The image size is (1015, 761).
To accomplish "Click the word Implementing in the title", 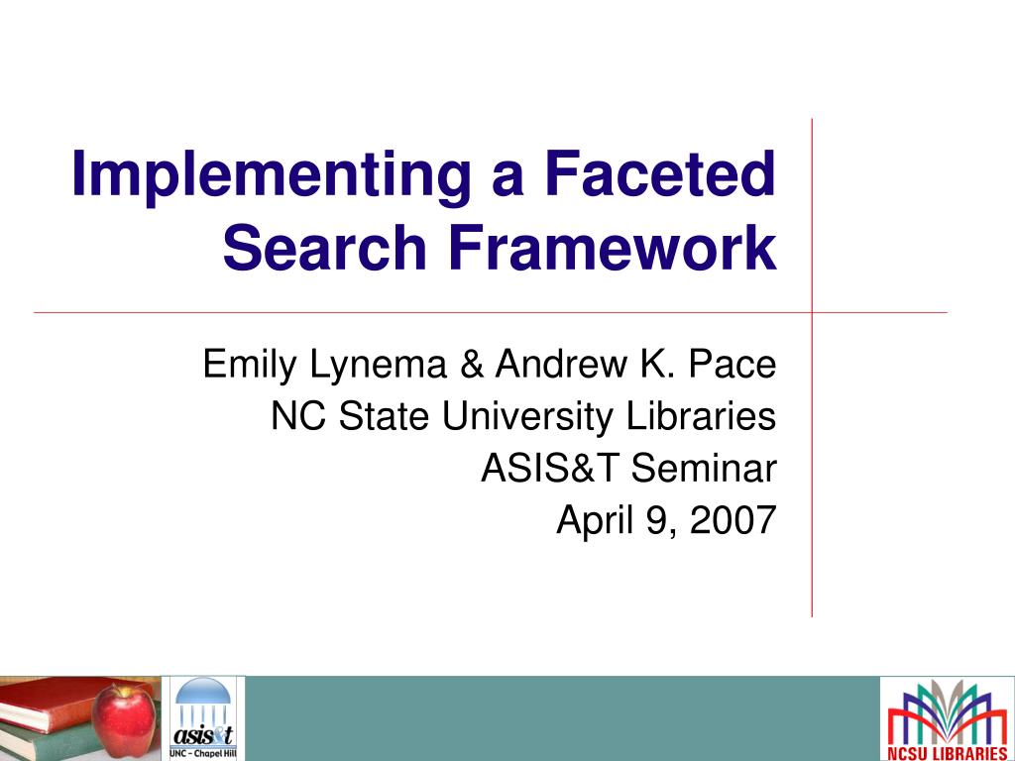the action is [271, 176].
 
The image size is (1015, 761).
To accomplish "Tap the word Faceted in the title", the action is [659, 172].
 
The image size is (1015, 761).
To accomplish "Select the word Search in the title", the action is [324, 247].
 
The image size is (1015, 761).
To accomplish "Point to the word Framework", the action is [613, 247].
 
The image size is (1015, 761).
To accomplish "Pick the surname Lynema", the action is [379, 365].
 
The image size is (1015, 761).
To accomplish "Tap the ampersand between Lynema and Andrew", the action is [472, 364].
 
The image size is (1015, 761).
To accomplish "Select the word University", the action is [527, 417].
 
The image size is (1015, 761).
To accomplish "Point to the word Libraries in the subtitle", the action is [701, 415].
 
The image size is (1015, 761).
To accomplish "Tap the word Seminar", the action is [704, 468].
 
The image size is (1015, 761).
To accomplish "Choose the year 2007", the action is [733, 519].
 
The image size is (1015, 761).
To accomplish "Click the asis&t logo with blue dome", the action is [203, 718].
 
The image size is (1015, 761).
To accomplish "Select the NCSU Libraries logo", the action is [947, 719].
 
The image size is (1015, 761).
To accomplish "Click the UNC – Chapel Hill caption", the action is [203, 753].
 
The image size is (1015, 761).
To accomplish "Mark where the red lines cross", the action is [812, 312].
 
